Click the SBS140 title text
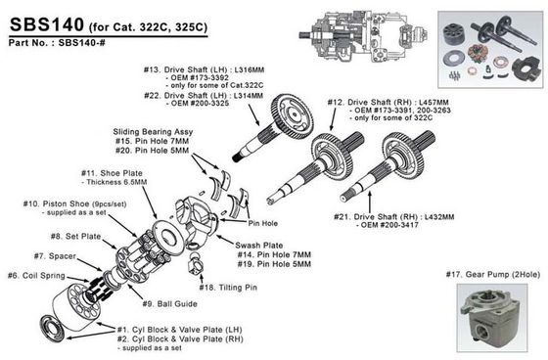(47, 24)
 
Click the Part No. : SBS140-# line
(57, 43)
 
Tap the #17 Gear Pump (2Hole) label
(493, 275)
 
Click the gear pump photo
(492, 317)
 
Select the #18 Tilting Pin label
(228, 288)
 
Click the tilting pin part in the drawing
(196, 264)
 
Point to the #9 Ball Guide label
(170, 303)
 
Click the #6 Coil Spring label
(36, 276)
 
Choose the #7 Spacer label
(55, 256)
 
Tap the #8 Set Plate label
(75, 237)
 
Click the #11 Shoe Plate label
(112, 173)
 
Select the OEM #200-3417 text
(388, 225)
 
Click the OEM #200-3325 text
(198, 104)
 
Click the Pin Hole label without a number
(263, 223)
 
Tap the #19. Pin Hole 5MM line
(274, 264)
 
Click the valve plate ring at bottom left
(53, 328)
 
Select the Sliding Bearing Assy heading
(153, 132)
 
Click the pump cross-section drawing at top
(363, 35)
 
